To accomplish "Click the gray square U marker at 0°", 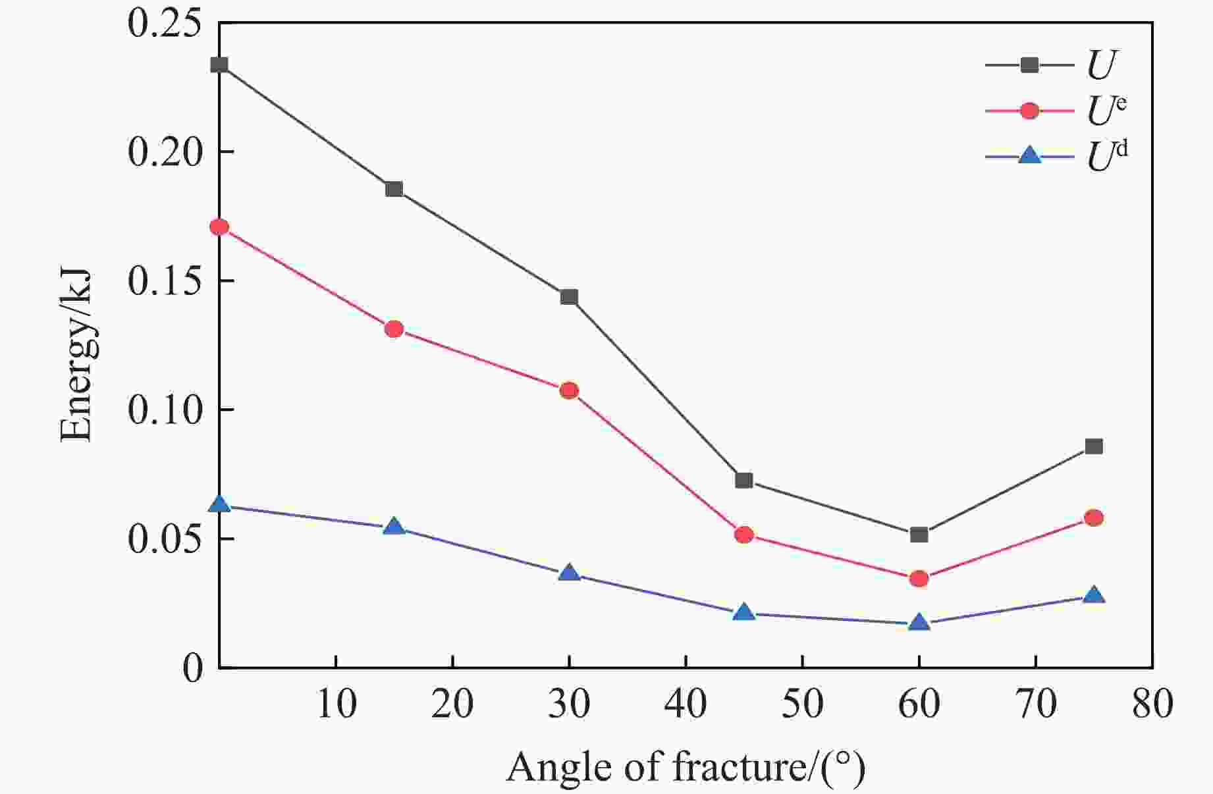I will (x=219, y=65).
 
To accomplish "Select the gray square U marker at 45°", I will (x=744, y=481).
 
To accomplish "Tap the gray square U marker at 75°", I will (x=1094, y=446).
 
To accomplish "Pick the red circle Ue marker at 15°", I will (x=394, y=329).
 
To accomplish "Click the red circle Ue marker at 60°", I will (x=919, y=579).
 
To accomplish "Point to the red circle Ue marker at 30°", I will (x=569, y=390).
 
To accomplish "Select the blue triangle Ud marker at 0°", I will (x=219, y=504).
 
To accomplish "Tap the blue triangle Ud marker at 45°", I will (x=744, y=613).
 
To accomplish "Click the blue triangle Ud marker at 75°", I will (x=1094, y=595).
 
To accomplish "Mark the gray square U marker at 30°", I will (x=569, y=297).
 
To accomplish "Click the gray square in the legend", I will (x=1029, y=65).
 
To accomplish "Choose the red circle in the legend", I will (x=1029, y=111).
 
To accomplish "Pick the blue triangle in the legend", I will (x=1029, y=156).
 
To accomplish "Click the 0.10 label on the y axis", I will (x=165, y=410).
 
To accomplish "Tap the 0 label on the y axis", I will (x=193, y=669).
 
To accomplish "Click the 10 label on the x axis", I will (x=337, y=704).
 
